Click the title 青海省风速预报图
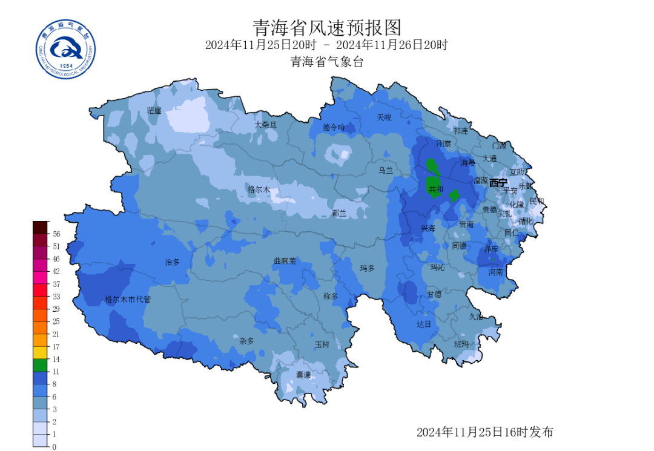point(326,27)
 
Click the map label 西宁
point(498,182)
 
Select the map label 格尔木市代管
point(128,299)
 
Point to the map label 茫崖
point(154,110)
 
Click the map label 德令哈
point(333,127)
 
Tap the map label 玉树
point(322,344)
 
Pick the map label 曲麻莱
point(285,262)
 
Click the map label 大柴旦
point(265,125)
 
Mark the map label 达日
point(423,324)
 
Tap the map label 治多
point(173,262)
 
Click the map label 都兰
point(339,212)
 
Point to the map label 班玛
point(461,344)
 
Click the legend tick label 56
point(56,233)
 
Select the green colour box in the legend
point(40,365)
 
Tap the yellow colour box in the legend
point(40,352)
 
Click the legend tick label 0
point(54,447)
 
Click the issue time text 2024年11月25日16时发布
point(484,432)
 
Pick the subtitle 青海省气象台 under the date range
point(326,61)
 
